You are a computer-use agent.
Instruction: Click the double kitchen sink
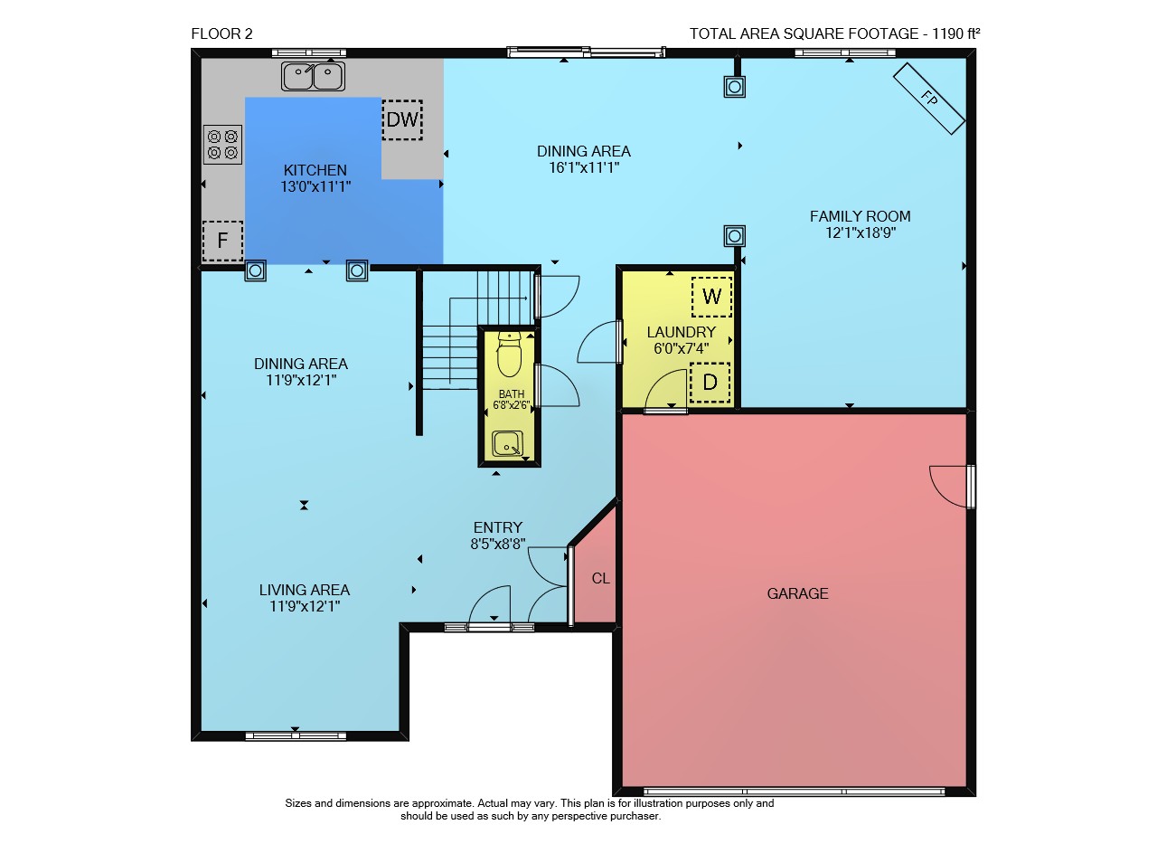(x=313, y=76)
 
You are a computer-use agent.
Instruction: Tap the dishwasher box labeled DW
(x=402, y=120)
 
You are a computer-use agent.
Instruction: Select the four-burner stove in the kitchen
(x=222, y=144)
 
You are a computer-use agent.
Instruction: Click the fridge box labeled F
(x=222, y=241)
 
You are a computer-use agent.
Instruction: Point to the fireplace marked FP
(x=929, y=99)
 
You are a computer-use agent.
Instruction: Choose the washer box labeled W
(x=711, y=297)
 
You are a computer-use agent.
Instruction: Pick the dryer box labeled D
(x=710, y=383)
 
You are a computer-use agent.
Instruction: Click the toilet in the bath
(x=509, y=355)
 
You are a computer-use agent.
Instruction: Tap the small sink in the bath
(x=507, y=443)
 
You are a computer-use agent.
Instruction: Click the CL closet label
(x=601, y=579)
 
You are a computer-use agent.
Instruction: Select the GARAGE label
(x=797, y=593)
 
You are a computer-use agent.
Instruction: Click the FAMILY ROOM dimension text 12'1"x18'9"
(x=861, y=232)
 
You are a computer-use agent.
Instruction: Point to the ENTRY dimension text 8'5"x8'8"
(x=498, y=544)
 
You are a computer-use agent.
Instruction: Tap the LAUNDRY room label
(x=682, y=332)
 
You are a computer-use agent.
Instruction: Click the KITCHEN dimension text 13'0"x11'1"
(x=315, y=186)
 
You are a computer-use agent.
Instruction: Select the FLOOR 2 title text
(x=222, y=34)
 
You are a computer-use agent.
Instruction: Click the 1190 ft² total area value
(x=956, y=33)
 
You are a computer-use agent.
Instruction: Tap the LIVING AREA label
(x=305, y=590)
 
